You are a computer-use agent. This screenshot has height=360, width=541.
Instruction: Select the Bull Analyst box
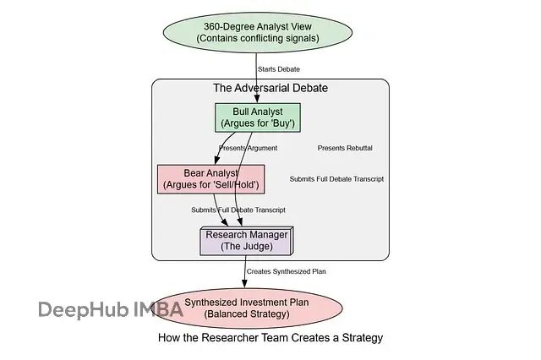(258, 117)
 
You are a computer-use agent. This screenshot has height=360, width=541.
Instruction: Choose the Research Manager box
(246, 241)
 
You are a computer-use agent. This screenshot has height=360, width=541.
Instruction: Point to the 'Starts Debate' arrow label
(279, 69)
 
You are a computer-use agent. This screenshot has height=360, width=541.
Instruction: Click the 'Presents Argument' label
(248, 149)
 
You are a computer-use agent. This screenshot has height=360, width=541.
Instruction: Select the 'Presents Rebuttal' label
(345, 149)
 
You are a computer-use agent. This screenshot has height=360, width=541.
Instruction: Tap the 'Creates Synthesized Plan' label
(287, 272)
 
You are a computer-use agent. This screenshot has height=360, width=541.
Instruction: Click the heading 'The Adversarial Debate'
(270, 88)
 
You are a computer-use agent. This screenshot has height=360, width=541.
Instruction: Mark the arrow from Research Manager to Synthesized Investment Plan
(245, 270)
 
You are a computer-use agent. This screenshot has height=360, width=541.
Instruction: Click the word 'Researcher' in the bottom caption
(232, 338)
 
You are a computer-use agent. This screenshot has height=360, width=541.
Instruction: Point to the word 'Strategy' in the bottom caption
(361, 338)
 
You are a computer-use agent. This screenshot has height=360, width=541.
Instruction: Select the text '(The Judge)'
(246, 247)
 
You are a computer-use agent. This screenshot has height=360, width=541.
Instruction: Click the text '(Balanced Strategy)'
(247, 314)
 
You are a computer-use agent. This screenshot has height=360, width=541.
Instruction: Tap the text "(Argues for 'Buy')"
(258, 124)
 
